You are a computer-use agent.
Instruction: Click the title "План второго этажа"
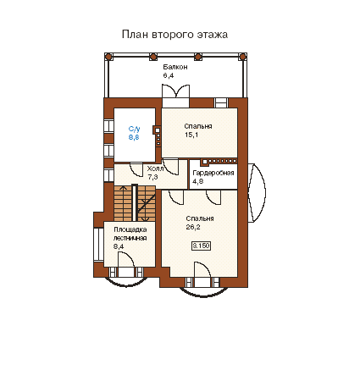tap(174, 35)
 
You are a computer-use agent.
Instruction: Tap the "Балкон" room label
tap(175, 67)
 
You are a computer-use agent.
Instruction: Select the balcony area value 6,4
tap(169, 75)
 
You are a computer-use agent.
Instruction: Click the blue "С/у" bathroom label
tap(134, 129)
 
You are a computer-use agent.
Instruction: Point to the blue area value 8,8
tap(134, 137)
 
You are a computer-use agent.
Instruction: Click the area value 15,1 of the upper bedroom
tap(191, 135)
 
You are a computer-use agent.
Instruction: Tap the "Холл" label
tap(155, 168)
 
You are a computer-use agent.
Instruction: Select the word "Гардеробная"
tap(213, 173)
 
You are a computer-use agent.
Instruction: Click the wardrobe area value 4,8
tap(198, 181)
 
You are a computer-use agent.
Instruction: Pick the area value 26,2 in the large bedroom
tap(193, 227)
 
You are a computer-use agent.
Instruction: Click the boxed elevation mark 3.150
tap(202, 246)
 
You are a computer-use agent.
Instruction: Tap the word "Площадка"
tap(130, 229)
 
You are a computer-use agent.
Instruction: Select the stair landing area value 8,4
tap(119, 246)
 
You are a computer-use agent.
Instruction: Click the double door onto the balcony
tap(175, 91)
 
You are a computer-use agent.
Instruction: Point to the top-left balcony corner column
tap(108, 57)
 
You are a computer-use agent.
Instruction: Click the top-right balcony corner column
tap(242, 57)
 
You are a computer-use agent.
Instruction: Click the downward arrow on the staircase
tap(145, 210)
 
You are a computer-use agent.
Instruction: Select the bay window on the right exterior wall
tap(257, 193)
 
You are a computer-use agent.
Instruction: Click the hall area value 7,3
tap(152, 177)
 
